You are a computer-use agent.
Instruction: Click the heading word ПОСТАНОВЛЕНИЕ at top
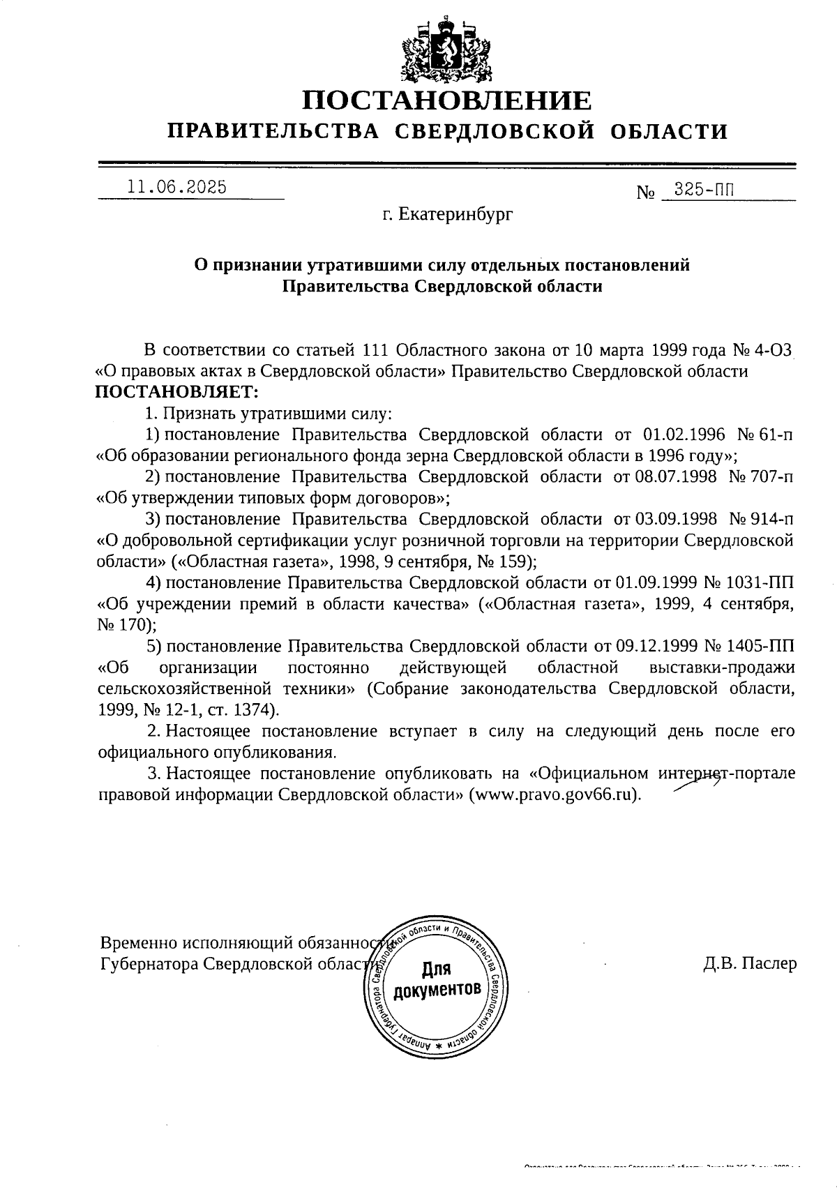[x=446, y=100]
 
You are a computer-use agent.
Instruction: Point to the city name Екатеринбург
[x=446, y=216]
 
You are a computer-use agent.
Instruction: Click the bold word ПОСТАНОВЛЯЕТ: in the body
[x=176, y=391]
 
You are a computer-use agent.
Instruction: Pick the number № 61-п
[x=764, y=435]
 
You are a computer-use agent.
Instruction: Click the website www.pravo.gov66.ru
[x=555, y=795]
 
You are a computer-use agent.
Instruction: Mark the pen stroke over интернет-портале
[x=697, y=783]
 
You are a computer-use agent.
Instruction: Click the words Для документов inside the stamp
[x=437, y=980]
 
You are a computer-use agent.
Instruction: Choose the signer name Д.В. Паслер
[x=750, y=964]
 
